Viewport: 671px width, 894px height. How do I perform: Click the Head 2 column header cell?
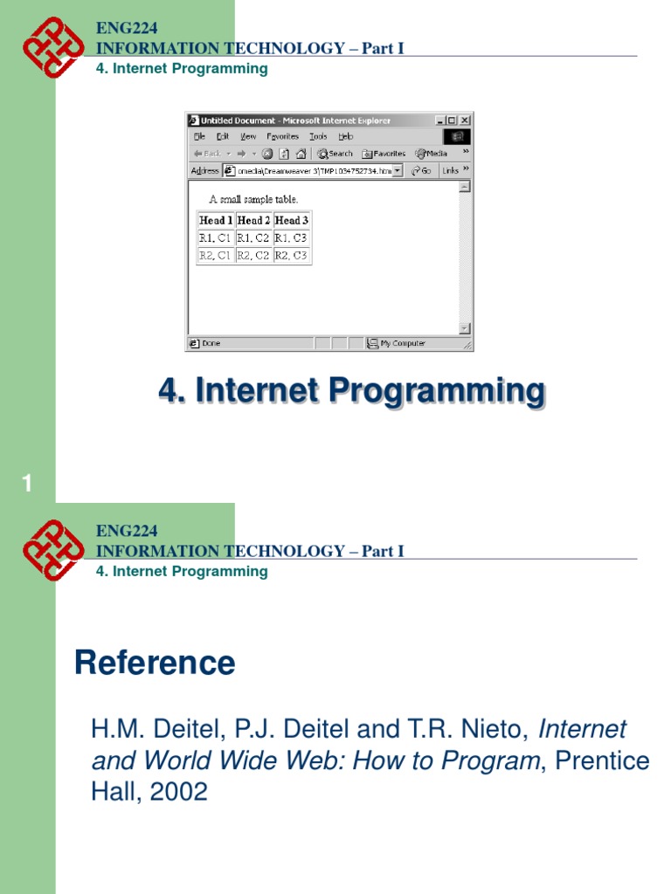(x=254, y=221)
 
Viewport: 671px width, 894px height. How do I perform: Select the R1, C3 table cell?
(x=291, y=237)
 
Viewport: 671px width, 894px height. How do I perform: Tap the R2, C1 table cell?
(x=215, y=256)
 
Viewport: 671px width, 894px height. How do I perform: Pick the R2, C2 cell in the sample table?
(x=253, y=256)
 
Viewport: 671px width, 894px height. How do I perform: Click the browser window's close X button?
(x=466, y=120)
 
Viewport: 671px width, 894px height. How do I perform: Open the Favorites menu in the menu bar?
(x=282, y=137)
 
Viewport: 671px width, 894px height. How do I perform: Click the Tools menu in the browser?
(x=318, y=137)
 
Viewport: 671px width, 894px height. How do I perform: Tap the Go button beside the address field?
(x=422, y=171)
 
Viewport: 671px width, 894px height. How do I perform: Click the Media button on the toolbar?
(x=432, y=154)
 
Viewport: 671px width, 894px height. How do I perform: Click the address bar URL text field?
(x=313, y=171)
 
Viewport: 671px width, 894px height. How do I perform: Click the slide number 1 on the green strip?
(x=27, y=484)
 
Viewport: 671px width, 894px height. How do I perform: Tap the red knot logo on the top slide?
(x=53, y=47)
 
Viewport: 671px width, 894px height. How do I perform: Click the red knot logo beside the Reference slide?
(x=53, y=550)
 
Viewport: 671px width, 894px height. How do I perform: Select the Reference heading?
(x=155, y=664)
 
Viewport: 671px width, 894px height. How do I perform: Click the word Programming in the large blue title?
(x=436, y=390)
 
